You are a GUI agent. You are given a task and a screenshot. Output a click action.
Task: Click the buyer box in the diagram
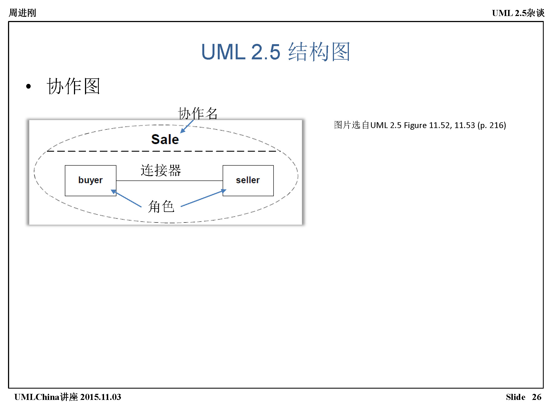coord(90,181)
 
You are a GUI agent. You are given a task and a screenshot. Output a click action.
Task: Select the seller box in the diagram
coord(248,181)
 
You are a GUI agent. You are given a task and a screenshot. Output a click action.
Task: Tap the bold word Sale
coord(165,139)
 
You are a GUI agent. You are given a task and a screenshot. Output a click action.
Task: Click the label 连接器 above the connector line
coord(161,170)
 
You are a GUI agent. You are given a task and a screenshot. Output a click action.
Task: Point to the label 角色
coord(161,206)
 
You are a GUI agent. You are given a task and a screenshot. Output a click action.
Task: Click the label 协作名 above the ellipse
coord(198,113)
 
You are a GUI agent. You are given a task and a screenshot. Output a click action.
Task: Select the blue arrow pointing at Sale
coord(187,127)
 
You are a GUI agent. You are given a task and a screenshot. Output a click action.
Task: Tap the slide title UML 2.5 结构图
coord(275,52)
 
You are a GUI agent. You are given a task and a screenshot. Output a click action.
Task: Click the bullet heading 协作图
coord(73,86)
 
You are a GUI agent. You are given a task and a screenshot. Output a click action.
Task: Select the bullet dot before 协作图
coord(28,87)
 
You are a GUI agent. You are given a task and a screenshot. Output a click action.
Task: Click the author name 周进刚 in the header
coord(22,13)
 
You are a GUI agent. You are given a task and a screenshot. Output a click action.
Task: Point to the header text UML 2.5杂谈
coord(518,13)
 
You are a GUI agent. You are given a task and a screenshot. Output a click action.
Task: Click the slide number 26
coord(537,397)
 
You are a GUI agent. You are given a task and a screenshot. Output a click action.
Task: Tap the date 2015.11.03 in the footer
coord(101,397)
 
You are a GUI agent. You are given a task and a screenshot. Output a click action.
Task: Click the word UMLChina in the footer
coord(37,397)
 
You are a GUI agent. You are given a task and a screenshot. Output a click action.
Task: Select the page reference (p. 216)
coord(492,125)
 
